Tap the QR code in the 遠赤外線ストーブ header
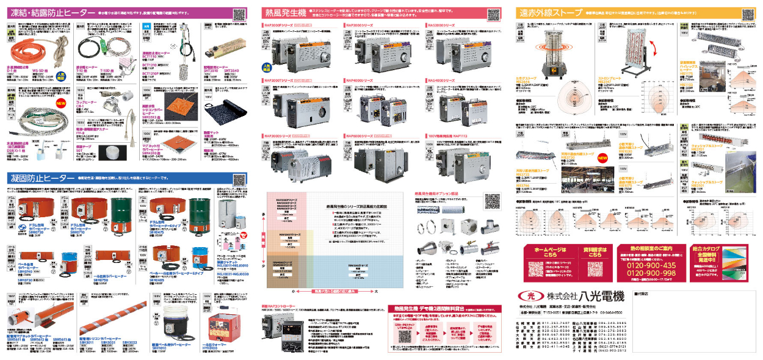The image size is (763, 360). tap(749, 12)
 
